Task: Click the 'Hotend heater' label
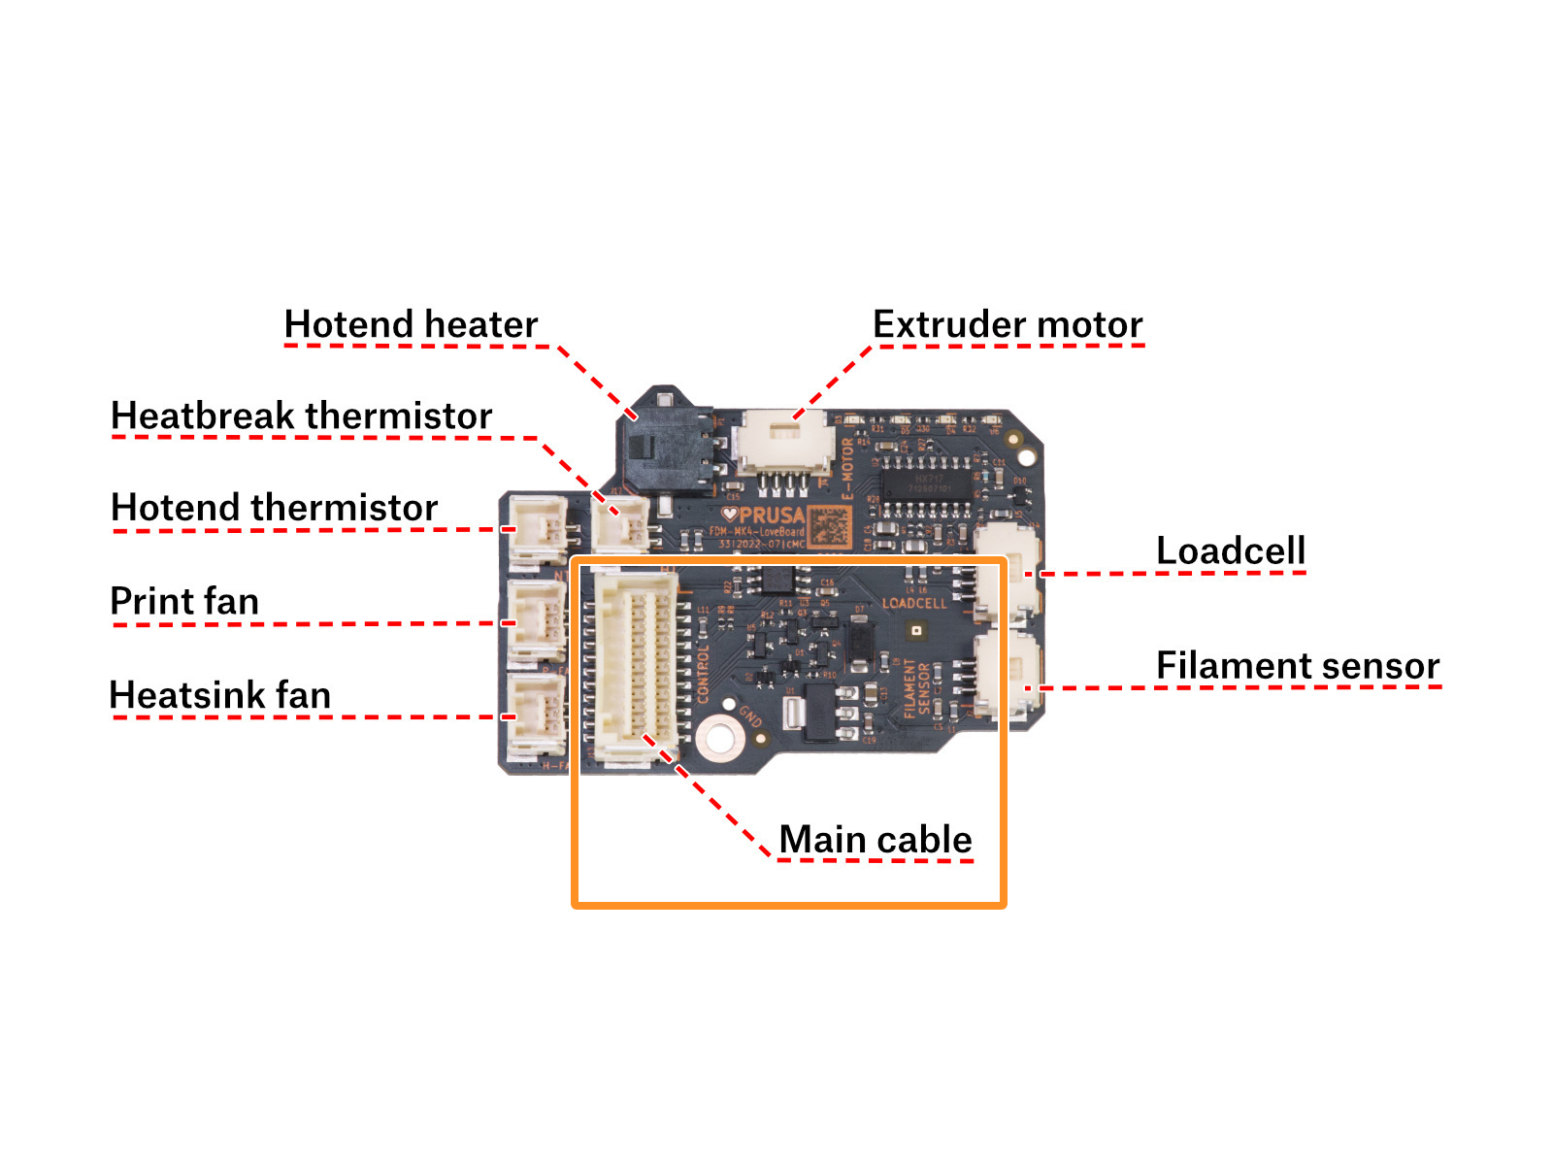click(x=411, y=324)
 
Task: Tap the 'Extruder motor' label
click(x=1008, y=324)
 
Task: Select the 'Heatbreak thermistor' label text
click(x=302, y=416)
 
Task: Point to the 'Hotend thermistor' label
click(x=275, y=508)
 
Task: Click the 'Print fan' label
click(x=184, y=601)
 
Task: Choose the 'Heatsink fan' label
click(x=220, y=695)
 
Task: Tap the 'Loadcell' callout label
click(x=1231, y=550)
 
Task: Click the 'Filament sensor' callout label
click(x=1298, y=665)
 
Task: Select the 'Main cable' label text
click(x=876, y=839)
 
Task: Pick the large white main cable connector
click(x=636, y=667)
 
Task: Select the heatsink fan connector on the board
click(x=537, y=714)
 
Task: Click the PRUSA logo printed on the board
click(x=765, y=516)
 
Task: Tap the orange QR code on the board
click(x=830, y=527)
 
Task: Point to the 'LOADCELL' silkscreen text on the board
click(x=913, y=603)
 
